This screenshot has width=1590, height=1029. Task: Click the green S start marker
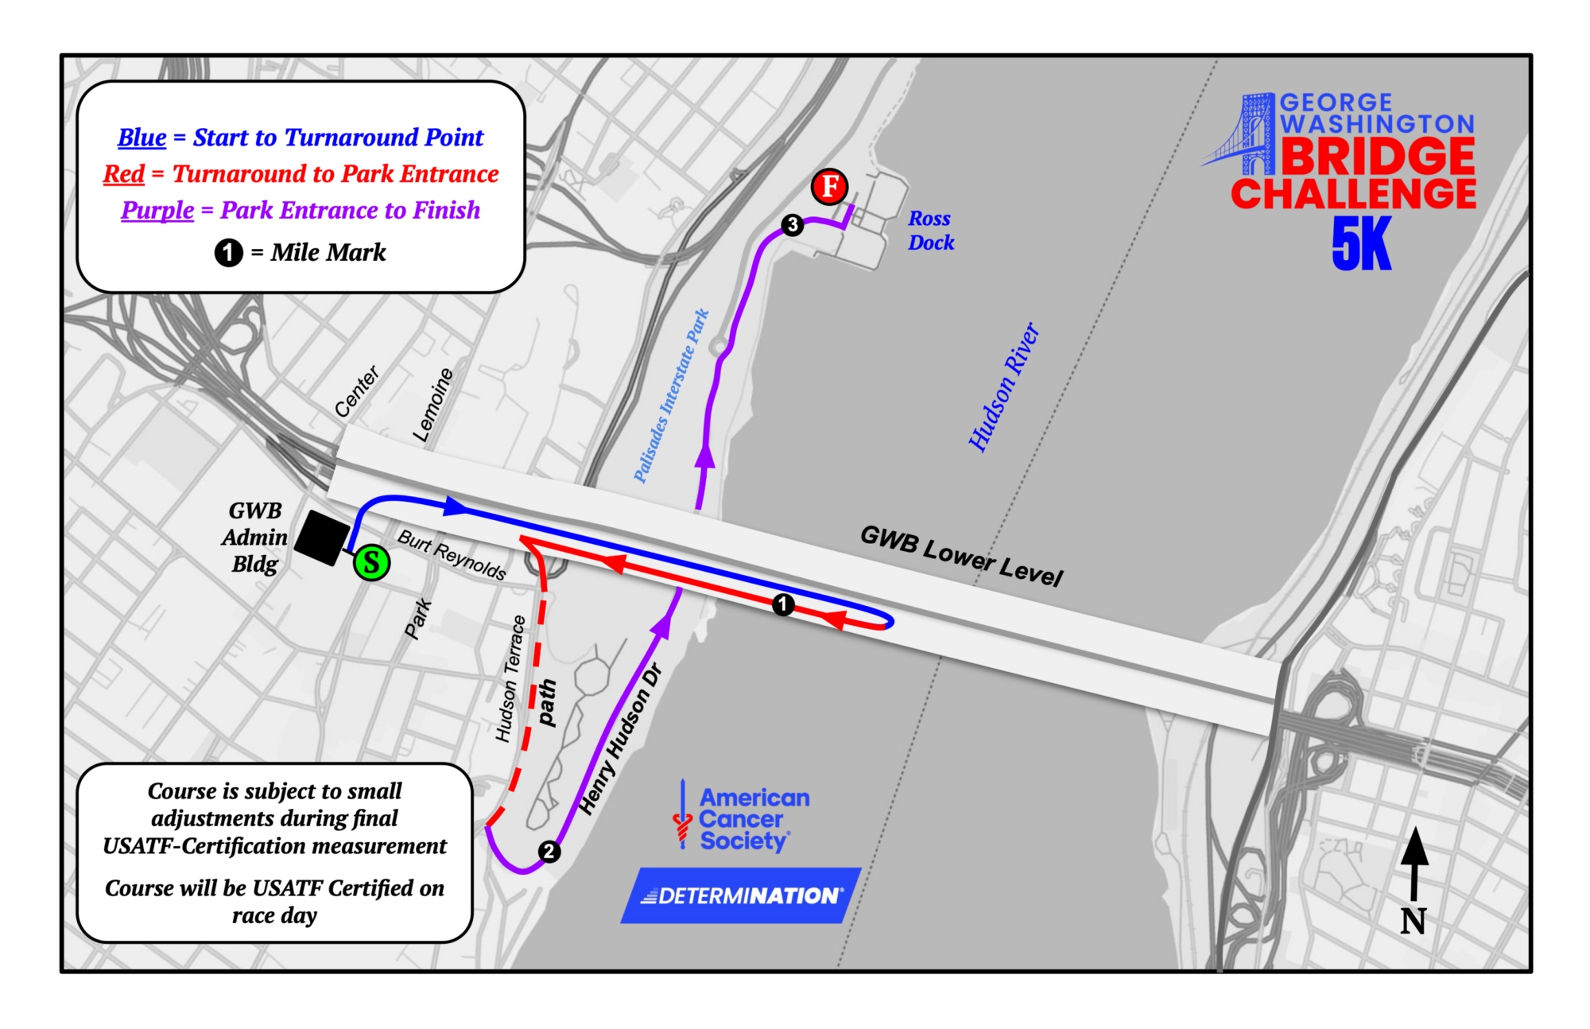click(x=371, y=563)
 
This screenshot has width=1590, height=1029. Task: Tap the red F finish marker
click(x=829, y=187)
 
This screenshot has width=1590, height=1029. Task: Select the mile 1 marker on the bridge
click(x=783, y=605)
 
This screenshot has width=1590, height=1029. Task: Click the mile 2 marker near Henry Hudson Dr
click(x=549, y=852)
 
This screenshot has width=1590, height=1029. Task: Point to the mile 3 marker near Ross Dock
click(x=792, y=225)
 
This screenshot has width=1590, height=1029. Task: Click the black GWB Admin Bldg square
click(x=322, y=538)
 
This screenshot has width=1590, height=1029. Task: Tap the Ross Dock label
click(x=931, y=231)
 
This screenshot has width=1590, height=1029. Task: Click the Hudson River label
click(x=1003, y=387)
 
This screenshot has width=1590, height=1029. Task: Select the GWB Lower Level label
click(x=961, y=555)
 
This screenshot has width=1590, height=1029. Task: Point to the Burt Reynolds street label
click(x=452, y=554)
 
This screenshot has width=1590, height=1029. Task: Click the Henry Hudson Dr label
click(x=620, y=740)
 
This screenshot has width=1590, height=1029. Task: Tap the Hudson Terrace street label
click(x=510, y=678)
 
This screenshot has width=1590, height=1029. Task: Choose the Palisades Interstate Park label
click(x=671, y=396)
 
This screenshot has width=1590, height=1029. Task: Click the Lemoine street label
click(x=432, y=405)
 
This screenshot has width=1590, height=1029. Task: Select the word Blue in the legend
click(x=142, y=138)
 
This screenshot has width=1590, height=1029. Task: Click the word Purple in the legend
click(x=157, y=211)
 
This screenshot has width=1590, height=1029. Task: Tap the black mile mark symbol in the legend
click(x=228, y=253)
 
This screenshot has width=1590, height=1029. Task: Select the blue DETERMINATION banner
click(x=740, y=895)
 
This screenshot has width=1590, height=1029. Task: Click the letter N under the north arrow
click(x=1413, y=922)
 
